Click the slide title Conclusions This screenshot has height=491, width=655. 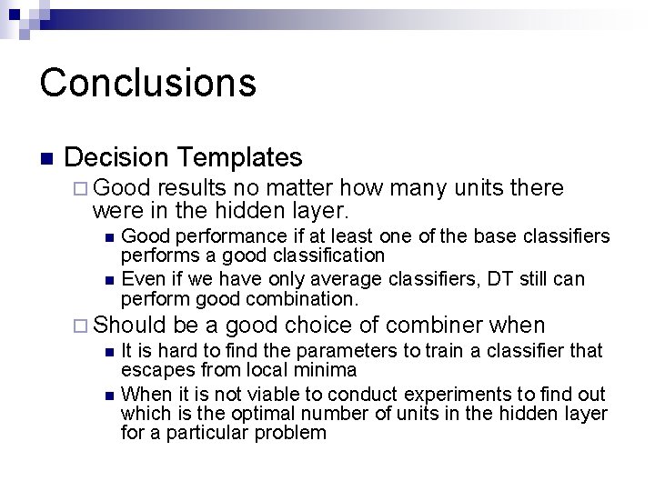147,82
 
